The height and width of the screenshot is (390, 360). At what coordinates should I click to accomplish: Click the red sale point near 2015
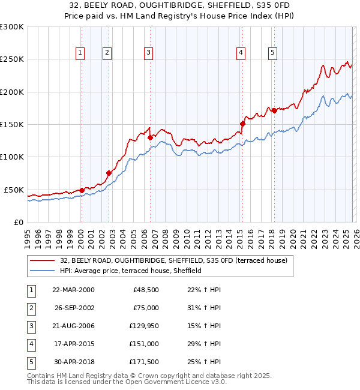[x=242, y=124]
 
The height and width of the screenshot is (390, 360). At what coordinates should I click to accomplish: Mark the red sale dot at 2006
[x=151, y=137]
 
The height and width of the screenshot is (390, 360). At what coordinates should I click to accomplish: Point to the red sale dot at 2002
[x=109, y=173]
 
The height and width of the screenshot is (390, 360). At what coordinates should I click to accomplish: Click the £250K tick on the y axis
[x=12, y=59]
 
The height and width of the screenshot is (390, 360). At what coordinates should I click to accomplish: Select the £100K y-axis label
[x=12, y=157]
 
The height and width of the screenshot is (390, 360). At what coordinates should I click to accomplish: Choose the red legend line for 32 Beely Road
[x=42, y=260]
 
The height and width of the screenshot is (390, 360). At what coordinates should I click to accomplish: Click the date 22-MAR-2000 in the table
[x=73, y=289]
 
